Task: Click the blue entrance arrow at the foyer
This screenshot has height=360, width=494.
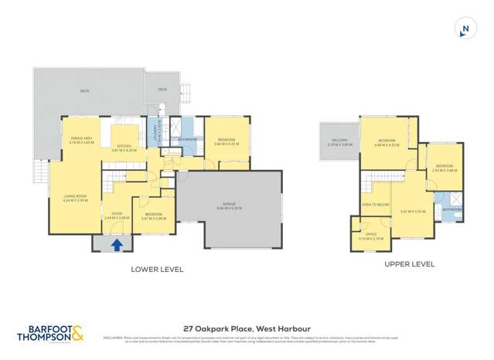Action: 117,245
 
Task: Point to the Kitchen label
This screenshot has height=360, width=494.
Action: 126,148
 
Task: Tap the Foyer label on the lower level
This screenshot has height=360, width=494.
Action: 117,216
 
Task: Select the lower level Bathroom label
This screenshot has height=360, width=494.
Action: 188,139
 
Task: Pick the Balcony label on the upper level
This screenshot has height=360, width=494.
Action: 339,142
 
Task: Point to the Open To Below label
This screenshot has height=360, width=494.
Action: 375,205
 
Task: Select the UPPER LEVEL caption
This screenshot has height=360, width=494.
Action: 409,263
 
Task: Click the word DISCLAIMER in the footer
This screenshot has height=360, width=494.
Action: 113,337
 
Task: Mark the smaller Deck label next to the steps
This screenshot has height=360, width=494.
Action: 162,89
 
